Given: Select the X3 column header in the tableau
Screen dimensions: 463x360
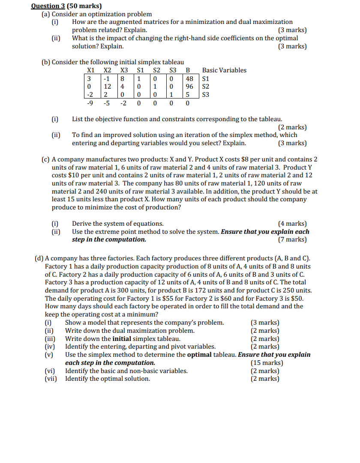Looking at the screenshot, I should point(124,70).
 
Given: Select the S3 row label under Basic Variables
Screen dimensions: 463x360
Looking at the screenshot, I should point(206,95).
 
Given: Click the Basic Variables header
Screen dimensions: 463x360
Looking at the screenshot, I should point(224,70).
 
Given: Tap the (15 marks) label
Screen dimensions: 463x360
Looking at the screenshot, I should point(267,363).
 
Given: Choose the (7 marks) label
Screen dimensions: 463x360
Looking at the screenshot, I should point(292,239).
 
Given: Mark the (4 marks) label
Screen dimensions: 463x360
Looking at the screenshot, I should point(292,224).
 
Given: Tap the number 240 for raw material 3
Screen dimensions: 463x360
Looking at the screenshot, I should point(113,191).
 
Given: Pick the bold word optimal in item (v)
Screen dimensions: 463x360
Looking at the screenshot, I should point(199,355).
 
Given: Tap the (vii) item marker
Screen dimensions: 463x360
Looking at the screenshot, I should point(52,379).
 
